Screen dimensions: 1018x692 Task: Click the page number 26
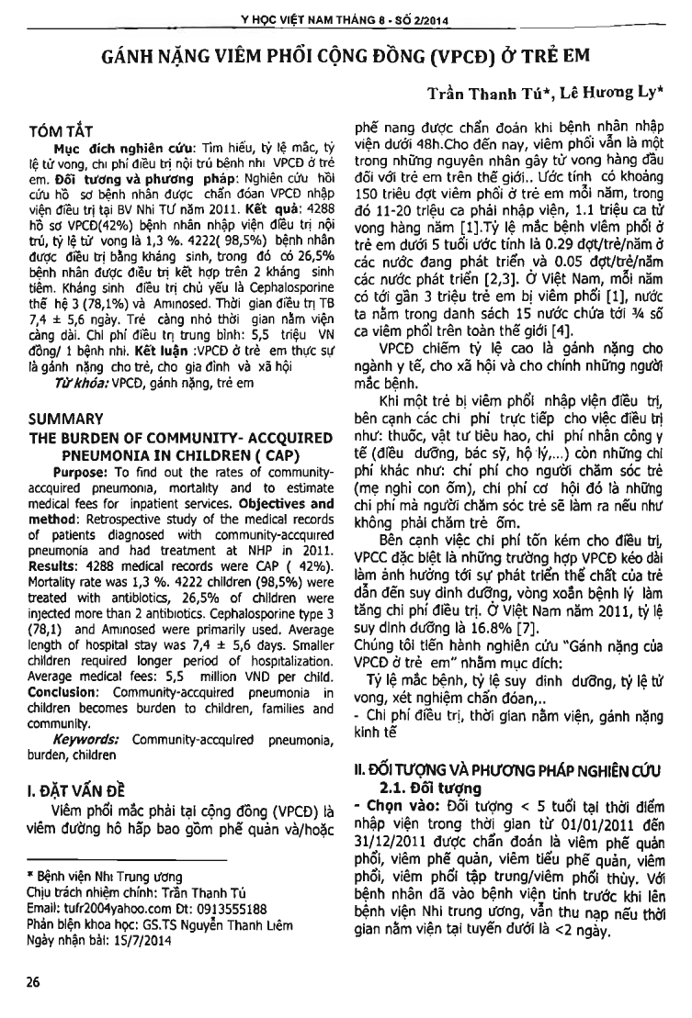(x=34, y=982)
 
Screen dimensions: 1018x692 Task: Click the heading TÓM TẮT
(x=62, y=129)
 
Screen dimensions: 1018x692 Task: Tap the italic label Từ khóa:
(x=84, y=383)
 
